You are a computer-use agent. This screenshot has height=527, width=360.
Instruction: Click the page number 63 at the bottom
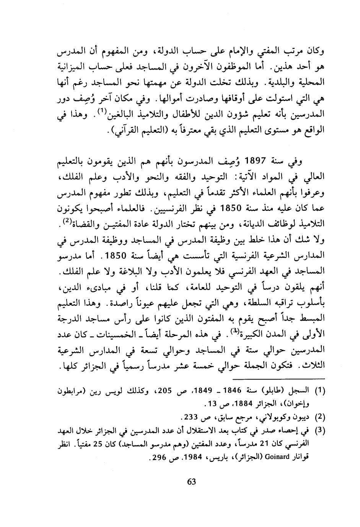pos(192,481)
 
